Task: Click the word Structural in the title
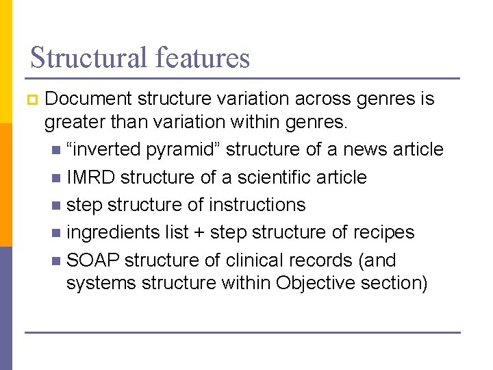[x=86, y=58]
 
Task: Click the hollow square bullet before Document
[x=31, y=100]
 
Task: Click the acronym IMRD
[x=90, y=177]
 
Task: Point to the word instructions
[x=257, y=205]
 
